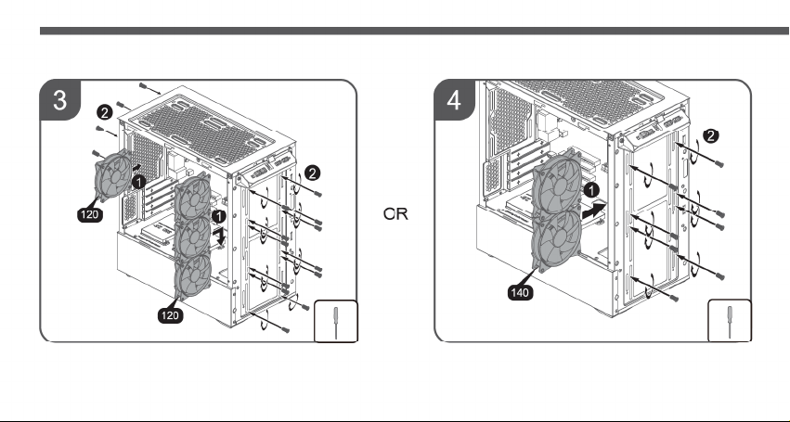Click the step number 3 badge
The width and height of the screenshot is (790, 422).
tap(60, 100)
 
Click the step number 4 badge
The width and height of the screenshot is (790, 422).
tap(454, 100)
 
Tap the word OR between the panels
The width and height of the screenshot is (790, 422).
tap(395, 214)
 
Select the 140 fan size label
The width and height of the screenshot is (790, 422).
tap(520, 292)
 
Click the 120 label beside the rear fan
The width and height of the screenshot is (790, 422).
tap(90, 214)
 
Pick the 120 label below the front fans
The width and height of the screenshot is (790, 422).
tap(170, 315)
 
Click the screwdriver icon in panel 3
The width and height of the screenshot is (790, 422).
tap(336, 321)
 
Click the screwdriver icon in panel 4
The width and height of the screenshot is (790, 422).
tap(730, 321)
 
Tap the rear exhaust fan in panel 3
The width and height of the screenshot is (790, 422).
tap(113, 175)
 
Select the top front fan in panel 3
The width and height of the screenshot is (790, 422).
tap(192, 197)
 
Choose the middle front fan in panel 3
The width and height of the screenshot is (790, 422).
tap(192, 236)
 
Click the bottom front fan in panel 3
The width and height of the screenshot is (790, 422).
tap(192, 277)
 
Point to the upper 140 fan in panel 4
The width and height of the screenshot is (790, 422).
tap(557, 184)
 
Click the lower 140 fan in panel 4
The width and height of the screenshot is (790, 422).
tap(557, 240)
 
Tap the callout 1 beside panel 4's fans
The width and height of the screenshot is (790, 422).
tap(591, 190)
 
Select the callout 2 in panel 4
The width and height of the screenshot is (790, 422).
tap(711, 136)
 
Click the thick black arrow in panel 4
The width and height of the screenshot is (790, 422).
tap(594, 210)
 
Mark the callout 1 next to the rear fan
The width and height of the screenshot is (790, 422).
tap(138, 182)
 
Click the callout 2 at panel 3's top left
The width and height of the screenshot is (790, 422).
tap(104, 113)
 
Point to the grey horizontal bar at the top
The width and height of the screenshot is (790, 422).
tap(415, 32)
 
